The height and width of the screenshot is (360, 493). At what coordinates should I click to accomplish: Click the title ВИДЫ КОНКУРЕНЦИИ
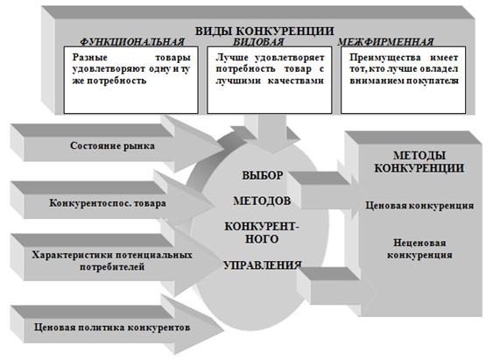tap(264, 31)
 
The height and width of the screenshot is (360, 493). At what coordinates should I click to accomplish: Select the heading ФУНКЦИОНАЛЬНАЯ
tap(132, 42)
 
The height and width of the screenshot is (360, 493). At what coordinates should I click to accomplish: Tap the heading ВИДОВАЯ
tap(258, 42)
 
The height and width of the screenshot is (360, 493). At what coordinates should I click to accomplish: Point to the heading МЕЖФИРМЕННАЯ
tap(385, 42)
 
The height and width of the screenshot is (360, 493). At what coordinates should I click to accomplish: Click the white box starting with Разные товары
tap(130, 80)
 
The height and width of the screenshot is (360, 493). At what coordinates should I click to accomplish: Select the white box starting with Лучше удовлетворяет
tap(270, 80)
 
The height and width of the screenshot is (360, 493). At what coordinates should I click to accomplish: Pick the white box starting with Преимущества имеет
tap(404, 80)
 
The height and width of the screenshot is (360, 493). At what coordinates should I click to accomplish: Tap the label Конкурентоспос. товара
tap(108, 203)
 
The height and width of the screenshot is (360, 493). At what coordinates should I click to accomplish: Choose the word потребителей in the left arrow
tap(112, 267)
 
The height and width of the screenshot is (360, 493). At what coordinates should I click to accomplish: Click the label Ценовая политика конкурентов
tap(112, 328)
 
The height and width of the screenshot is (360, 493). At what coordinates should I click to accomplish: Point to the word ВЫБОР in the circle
tap(263, 175)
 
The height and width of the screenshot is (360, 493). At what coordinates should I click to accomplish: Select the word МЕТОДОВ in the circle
tap(262, 201)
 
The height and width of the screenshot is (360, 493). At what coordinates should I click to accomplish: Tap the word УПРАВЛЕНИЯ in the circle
tap(263, 265)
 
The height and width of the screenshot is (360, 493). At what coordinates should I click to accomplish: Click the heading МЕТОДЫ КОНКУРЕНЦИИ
tap(419, 162)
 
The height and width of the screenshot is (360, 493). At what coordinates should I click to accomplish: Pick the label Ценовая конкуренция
tap(419, 206)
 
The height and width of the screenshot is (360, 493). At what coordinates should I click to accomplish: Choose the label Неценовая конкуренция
tap(419, 249)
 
